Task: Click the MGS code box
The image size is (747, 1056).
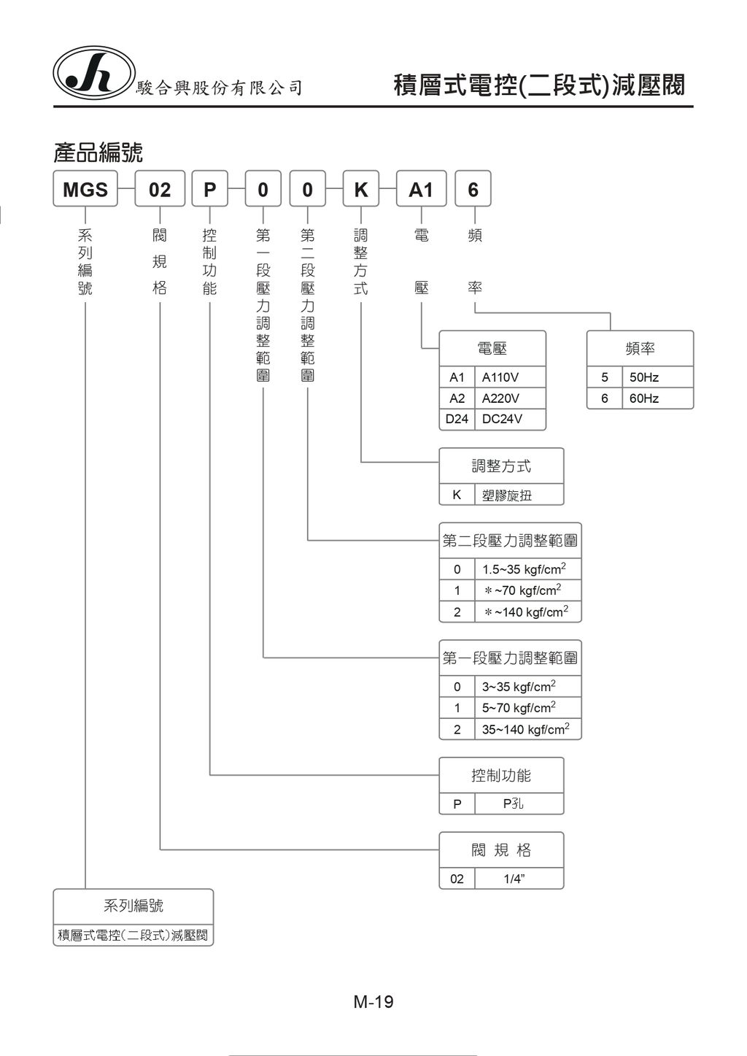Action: (x=85, y=190)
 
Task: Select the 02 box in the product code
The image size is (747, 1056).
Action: (x=160, y=190)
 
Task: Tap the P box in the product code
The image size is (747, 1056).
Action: (x=210, y=190)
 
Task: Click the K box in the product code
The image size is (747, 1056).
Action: (x=361, y=190)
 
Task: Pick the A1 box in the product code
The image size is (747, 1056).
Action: (x=421, y=190)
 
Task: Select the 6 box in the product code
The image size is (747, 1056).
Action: (x=473, y=190)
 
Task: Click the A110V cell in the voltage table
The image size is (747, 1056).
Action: (x=509, y=377)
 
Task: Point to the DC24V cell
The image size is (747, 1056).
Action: (x=509, y=419)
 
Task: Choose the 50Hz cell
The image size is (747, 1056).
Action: (x=657, y=377)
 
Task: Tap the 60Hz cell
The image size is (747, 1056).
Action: (x=657, y=398)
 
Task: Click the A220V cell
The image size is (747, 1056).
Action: (x=509, y=398)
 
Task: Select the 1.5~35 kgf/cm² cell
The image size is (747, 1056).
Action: (x=527, y=569)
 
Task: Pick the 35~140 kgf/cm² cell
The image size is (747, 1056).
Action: (x=527, y=729)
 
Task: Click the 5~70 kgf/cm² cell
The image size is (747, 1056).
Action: (x=527, y=708)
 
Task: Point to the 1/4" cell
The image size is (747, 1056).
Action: (x=519, y=879)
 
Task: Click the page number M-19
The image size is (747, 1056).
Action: (x=373, y=1002)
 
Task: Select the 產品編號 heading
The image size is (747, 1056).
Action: (x=98, y=153)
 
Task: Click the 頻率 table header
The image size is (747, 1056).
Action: (x=640, y=349)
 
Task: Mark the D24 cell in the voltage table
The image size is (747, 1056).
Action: (x=457, y=419)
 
